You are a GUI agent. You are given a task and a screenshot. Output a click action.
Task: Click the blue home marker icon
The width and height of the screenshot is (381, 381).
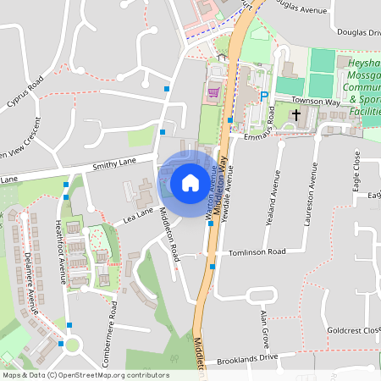[x=190, y=182]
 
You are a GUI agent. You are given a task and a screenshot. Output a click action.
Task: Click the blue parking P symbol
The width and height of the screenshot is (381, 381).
[x=264, y=97]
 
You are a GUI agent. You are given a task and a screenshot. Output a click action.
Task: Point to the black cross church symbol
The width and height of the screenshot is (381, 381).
[x=296, y=113]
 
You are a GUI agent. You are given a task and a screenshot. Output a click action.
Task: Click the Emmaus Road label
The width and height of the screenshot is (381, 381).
[x=271, y=123]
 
